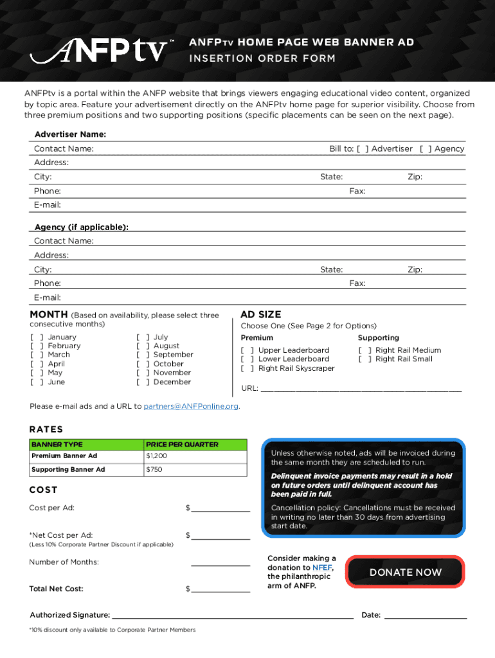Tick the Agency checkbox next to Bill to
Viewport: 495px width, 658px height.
pyautogui.click(x=426, y=149)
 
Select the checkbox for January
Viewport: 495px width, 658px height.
pyautogui.click(x=36, y=337)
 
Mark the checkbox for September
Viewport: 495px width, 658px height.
pyautogui.click(x=142, y=355)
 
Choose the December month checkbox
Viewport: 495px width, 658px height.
pyautogui.click(x=142, y=382)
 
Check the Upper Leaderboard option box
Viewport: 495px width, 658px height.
pyautogui.click(x=247, y=350)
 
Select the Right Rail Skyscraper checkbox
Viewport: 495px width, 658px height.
pyautogui.click(x=247, y=369)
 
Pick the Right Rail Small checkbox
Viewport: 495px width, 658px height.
pyautogui.click(x=364, y=359)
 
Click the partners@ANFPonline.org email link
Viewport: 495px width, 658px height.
pyautogui.click(x=191, y=406)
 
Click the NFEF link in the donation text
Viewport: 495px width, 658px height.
pyautogui.click(x=321, y=567)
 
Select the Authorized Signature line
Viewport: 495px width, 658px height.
pyautogui.click(x=232, y=615)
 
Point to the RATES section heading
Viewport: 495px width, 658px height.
pyautogui.click(x=46, y=429)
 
